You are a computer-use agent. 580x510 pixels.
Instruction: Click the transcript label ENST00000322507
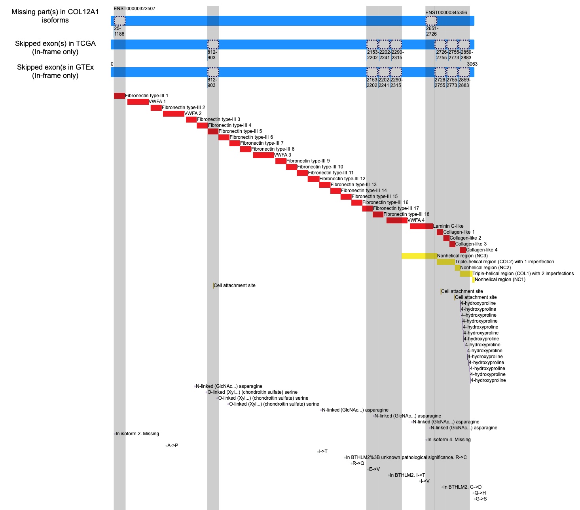[x=134, y=9]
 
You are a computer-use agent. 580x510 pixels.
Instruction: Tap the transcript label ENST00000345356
[x=446, y=13]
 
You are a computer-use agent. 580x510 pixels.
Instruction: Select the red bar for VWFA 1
[x=138, y=102]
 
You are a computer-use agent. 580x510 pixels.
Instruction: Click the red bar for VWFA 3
[x=263, y=155]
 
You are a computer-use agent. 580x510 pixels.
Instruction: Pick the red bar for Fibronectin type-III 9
[x=281, y=161]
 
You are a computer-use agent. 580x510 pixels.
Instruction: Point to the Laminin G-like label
[x=448, y=226]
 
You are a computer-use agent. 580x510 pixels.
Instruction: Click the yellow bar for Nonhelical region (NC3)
[x=419, y=256]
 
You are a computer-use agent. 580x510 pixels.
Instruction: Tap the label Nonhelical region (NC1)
[x=500, y=280]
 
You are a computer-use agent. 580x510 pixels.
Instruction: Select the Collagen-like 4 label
[x=481, y=250]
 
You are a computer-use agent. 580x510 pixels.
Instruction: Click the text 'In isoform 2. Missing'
[x=137, y=434]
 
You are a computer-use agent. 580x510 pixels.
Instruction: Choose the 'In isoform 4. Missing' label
[x=449, y=440]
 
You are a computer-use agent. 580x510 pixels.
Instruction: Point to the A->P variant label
[x=172, y=445]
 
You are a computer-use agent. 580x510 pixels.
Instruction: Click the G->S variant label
[x=481, y=499]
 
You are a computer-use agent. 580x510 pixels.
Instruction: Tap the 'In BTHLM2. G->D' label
[x=462, y=487]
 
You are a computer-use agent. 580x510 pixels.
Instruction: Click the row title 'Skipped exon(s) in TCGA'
[x=55, y=43]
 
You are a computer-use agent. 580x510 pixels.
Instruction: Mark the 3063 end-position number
[x=472, y=64]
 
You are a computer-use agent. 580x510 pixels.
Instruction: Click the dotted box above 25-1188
[x=119, y=21]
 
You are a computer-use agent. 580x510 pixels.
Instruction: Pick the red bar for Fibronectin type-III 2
[x=156, y=108]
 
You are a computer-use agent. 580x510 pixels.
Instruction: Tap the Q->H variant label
[x=480, y=493]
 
